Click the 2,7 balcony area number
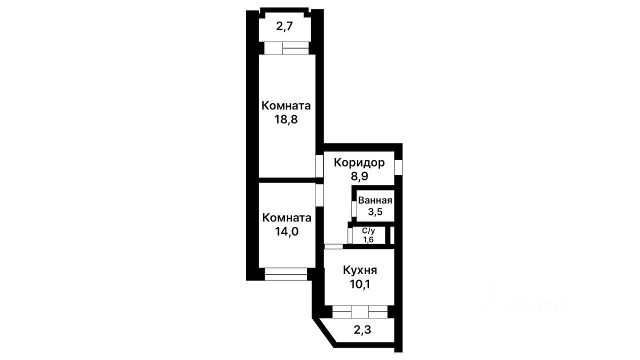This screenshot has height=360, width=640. coord(284,26)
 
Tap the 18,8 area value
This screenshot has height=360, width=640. coord(286,119)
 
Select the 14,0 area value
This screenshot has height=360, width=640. coord(286,231)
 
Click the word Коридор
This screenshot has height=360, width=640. coord(359,163)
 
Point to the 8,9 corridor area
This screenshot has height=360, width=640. coord(359,176)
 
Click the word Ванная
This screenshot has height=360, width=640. coord(375,200)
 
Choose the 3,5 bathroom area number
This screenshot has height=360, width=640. coord(375,212)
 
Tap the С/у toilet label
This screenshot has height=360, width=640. coord(368,231)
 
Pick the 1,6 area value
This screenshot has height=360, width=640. coord(368,239)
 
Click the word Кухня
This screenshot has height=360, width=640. coord(360,270)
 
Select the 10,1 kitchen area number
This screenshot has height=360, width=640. coord(360,284)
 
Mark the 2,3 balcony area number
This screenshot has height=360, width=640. coord(362,330)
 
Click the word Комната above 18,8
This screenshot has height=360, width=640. coord(286,105)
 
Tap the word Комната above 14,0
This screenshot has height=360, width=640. coord(286,217)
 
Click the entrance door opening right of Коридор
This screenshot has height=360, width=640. coord(398,167)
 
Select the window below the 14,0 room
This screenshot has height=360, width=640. coord(285,274)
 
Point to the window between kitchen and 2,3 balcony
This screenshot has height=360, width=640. coord(360,311)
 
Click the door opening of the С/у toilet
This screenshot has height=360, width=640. coord(350,235)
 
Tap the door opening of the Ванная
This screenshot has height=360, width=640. coord(354,209)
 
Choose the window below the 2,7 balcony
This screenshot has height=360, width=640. coord(286,48)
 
